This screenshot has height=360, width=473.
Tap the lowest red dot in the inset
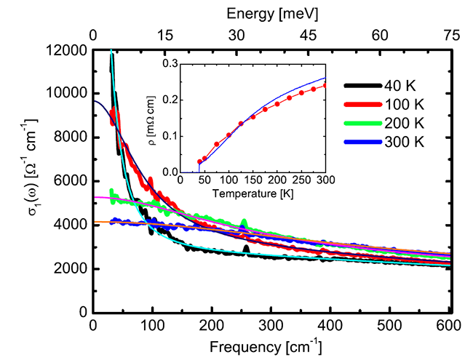pyautogui.click(x=199, y=161)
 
